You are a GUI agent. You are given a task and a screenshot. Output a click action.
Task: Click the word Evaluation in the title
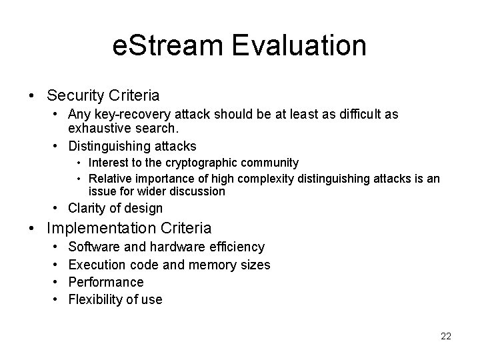[x=301, y=46]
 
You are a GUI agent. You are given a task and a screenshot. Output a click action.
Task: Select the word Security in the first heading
[x=75, y=96]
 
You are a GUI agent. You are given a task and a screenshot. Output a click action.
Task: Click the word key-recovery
[x=125, y=114]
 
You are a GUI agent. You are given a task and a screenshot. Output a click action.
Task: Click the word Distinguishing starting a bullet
[x=109, y=145]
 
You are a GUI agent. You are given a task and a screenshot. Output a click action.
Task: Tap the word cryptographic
[x=218, y=163]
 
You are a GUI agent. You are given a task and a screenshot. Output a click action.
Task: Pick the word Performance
[x=106, y=282]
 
